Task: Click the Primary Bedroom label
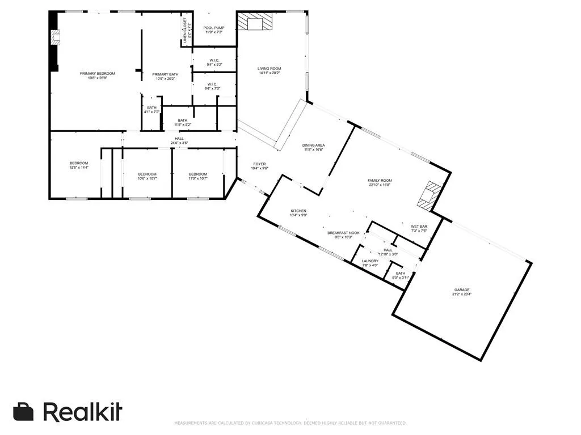[97, 74]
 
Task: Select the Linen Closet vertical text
[184, 31]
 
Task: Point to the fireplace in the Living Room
[255, 23]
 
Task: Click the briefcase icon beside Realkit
[24, 412]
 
